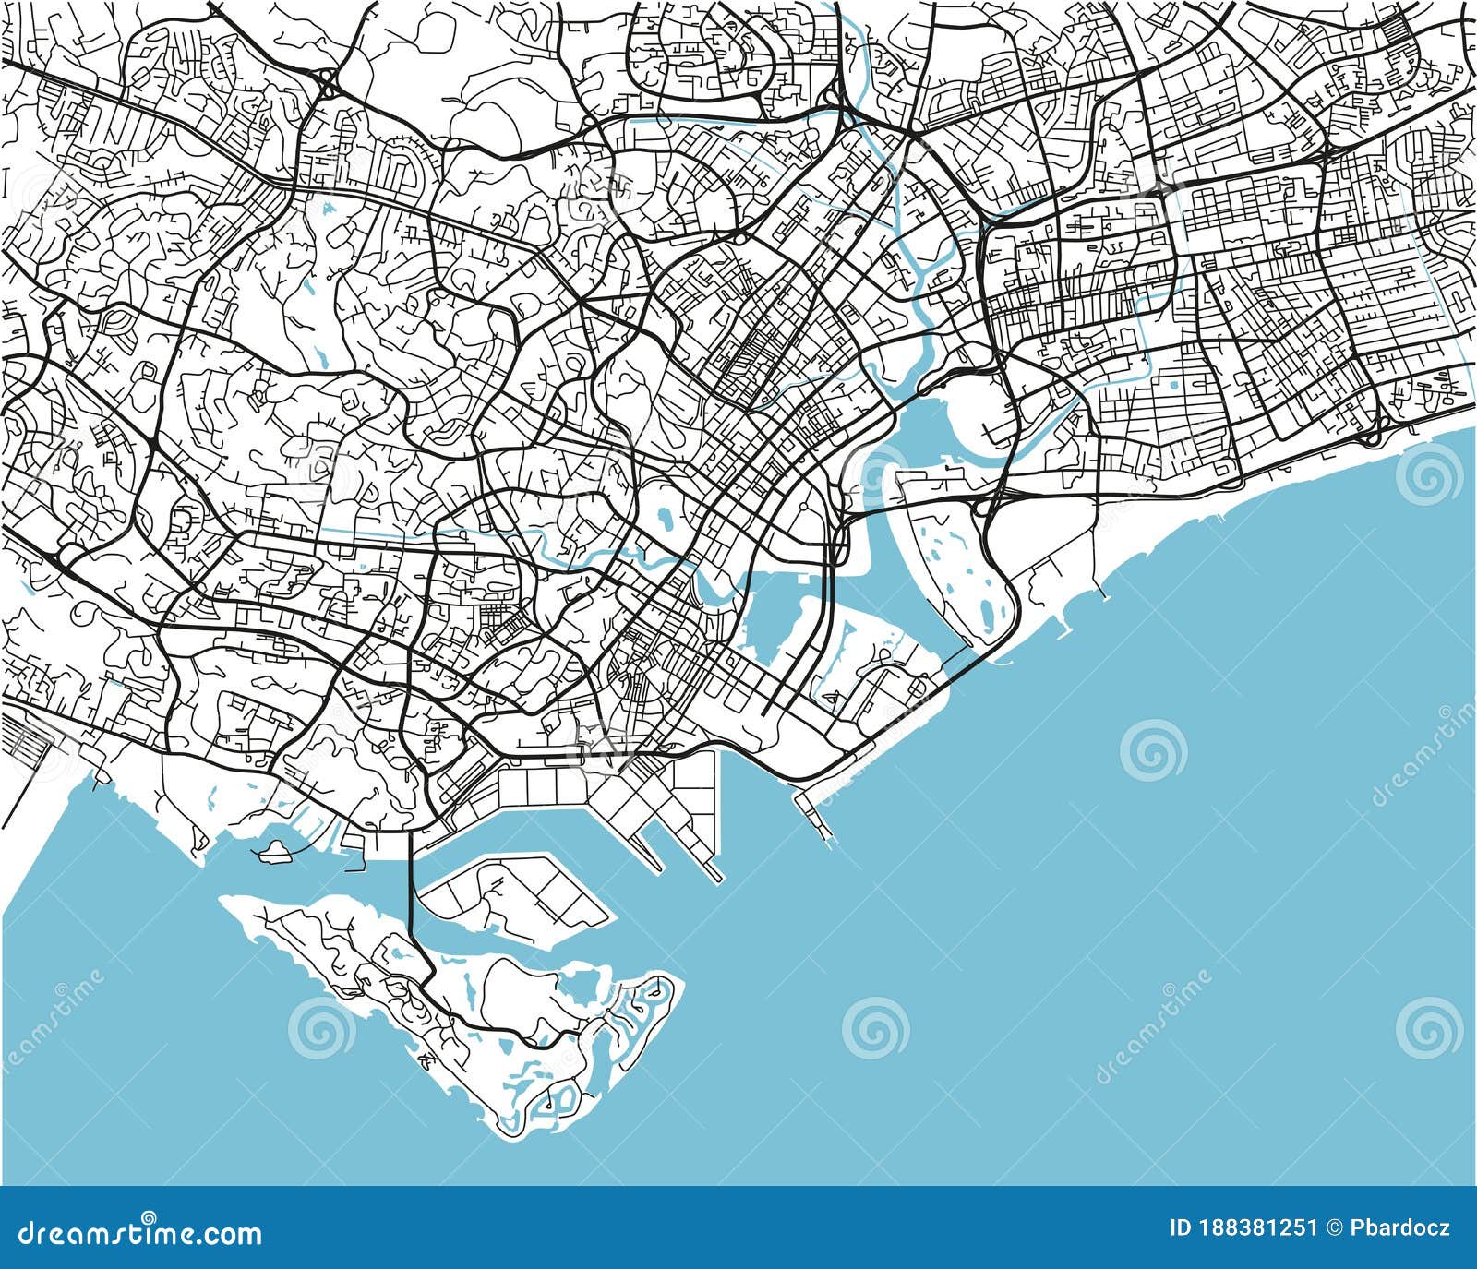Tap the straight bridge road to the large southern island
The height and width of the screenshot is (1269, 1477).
click(411, 886)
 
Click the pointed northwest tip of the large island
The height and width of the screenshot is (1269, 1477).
click(225, 898)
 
